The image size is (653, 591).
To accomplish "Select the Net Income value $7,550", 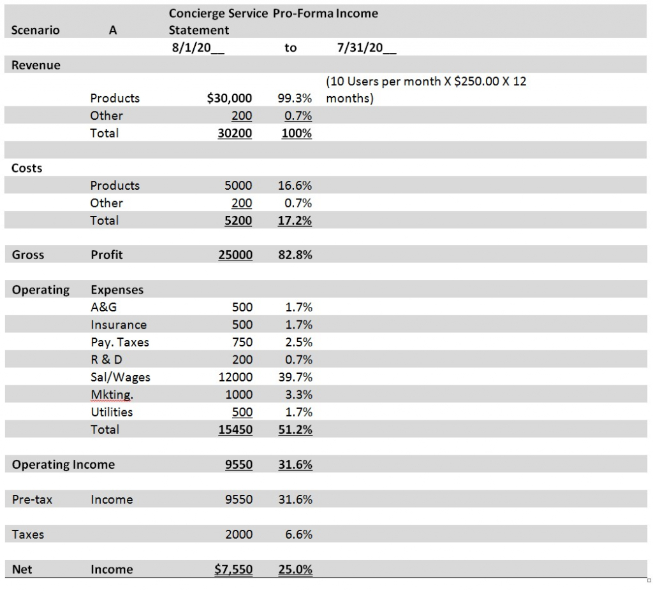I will coord(233,569).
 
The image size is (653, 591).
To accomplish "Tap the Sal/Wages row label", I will coord(121,377).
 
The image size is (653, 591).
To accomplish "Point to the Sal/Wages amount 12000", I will coord(235,377).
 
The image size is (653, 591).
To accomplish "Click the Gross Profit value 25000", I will coord(235,255).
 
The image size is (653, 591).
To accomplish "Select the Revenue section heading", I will coord(36,65).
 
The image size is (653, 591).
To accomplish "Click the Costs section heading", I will coord(27,168).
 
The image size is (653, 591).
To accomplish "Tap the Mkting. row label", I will coord(112,395).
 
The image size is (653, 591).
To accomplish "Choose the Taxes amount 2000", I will coord(239,534).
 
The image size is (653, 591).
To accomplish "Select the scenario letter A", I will coord(113,30).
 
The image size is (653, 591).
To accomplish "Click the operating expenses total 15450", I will coord(235,429).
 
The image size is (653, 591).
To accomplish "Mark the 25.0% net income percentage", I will coord(295,569).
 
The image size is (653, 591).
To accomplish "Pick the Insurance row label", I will coord(119,325).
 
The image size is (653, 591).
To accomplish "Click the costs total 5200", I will coord(239,220).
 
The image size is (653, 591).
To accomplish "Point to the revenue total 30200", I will coord(235,133).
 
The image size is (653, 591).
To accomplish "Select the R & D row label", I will coord(106,360).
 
